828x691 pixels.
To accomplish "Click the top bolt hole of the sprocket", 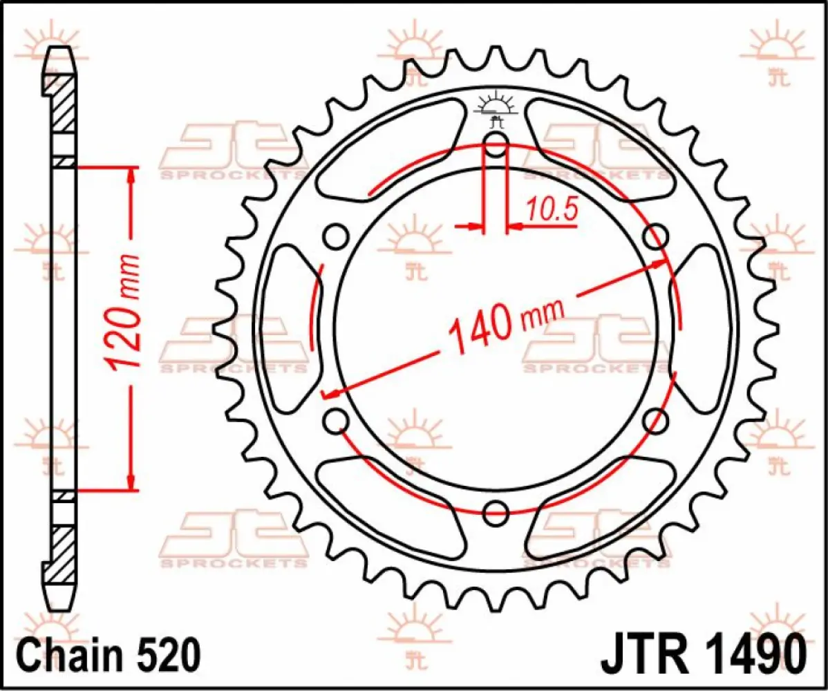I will (496, 145).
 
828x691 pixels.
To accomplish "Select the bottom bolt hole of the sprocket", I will (496, 512).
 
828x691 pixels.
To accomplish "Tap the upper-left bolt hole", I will (337, 236).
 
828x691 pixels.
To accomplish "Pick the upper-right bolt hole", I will (655, 236).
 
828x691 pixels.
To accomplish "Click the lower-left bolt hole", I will (337, 420).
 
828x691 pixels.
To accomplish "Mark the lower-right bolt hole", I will (655, 420).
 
